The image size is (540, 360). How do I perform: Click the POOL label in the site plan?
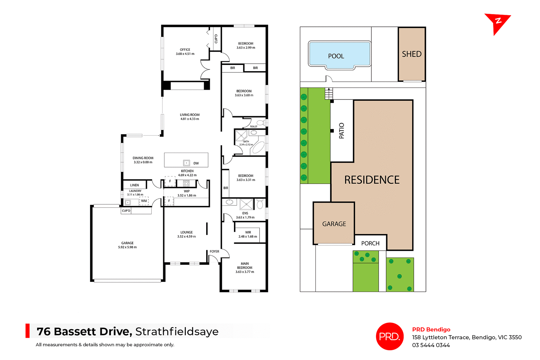[x=336, y=56]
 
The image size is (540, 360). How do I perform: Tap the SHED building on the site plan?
[x=411, y=54]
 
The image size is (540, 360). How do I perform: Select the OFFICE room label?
[x=185, y=49]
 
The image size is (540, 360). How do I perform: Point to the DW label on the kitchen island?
[x=196, y=163]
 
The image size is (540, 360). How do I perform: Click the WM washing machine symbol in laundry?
[x=144, y=201]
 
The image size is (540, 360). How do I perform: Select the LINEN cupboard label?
[x=134, y=185]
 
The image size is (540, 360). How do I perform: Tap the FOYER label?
[x=214, y=252]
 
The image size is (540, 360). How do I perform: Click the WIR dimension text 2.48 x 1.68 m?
[x=247, y=237]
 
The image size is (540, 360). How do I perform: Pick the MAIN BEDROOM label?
[x=245, y=266]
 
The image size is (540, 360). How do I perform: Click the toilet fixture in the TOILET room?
[x=261, y=123]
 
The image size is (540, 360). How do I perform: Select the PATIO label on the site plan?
[x=341, y=131]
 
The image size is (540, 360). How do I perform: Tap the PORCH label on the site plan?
[x=370, y=243]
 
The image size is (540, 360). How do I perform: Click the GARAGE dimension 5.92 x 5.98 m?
[x=127, y=247]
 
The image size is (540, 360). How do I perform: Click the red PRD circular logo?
[x=390, y=336]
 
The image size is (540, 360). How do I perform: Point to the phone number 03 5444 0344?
[x=431, y=345]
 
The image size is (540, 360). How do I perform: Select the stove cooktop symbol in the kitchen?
[x=186, y=184]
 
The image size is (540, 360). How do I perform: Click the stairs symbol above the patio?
[x=329, y=94]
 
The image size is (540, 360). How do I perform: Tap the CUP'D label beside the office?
[x=216, y=39]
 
